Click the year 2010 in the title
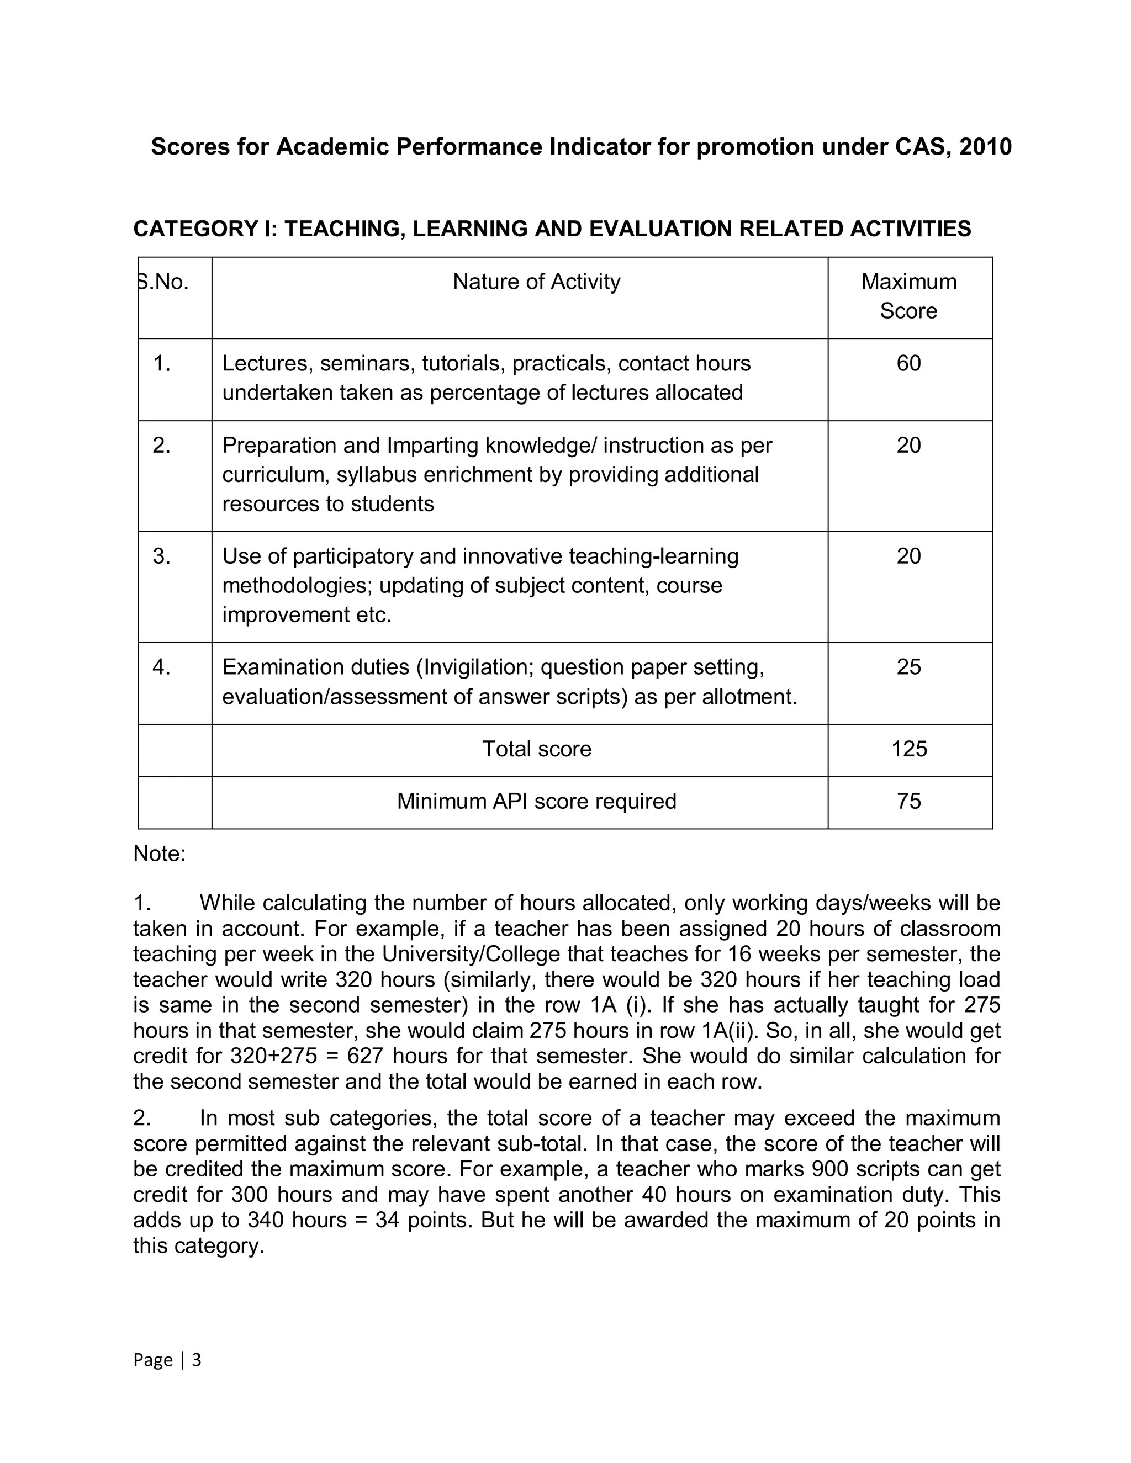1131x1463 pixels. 985,147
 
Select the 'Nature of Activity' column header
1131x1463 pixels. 536,282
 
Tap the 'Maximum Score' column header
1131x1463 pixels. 908,296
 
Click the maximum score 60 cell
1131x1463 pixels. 908,363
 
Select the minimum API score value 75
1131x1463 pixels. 908,801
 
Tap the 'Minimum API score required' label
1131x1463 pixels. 536,801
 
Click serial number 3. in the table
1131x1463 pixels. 161,556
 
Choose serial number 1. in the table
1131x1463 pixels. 161,363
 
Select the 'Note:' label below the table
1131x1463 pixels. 160,854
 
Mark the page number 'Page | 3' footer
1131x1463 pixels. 167,1359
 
